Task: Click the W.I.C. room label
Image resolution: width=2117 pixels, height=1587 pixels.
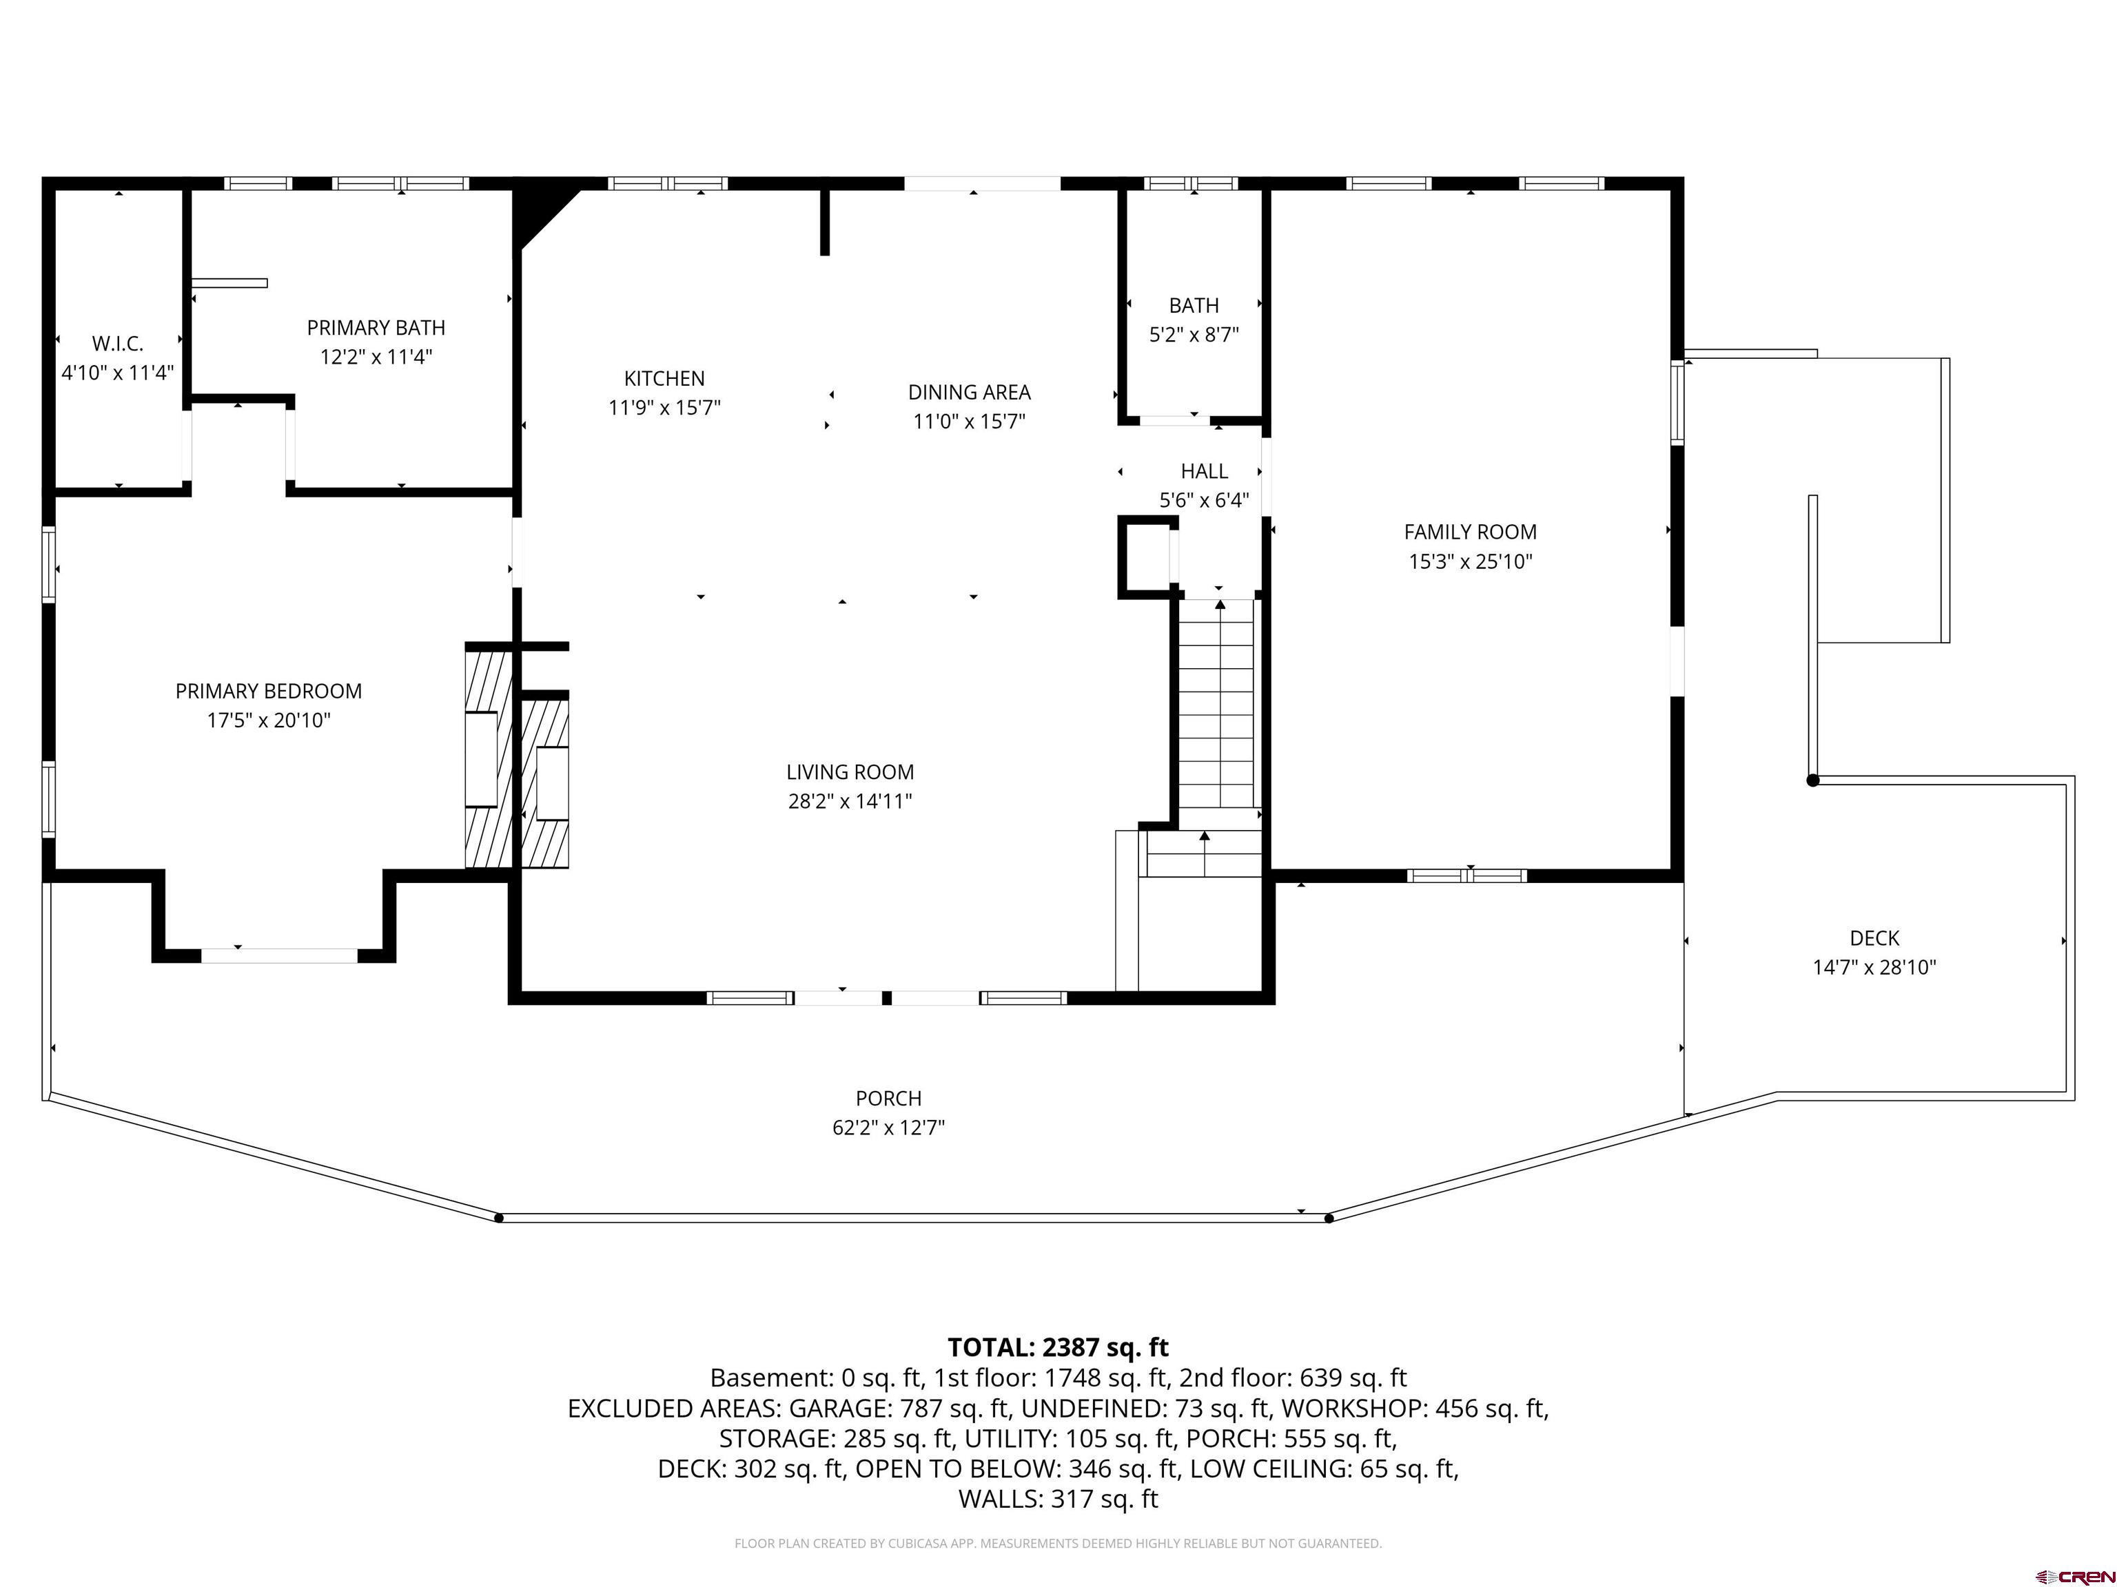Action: [x=118, y=344]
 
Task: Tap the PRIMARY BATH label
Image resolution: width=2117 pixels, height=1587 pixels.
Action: [x=376, y=328]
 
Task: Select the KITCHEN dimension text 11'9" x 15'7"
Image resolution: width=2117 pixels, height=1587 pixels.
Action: [x=664, y=408]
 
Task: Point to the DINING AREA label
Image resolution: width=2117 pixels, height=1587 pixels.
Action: [x=970, y=392]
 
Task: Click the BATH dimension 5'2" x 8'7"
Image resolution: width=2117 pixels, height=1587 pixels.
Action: [x=1194, y=335]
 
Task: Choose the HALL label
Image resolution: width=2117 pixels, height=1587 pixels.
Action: [x=1204, y=472]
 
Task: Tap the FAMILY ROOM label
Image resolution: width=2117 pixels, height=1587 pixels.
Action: [x=1470, y=532]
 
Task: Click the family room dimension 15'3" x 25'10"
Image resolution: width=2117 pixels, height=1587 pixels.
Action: [x=1470, y=561]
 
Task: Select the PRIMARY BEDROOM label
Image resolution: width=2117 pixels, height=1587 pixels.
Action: [x=269, y=691]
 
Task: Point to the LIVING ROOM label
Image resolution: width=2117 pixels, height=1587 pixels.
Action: [x=850, y=772]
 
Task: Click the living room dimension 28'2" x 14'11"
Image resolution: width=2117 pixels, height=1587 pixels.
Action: [x=850, y=802]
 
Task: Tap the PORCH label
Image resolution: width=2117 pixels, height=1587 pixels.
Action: [x=889, y=1098]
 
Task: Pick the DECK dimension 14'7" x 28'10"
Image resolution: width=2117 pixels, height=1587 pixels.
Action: [x=1874, y=967]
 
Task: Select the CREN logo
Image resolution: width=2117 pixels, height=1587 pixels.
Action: [x=2074, y=1575]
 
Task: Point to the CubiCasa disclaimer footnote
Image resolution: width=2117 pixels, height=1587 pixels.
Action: [x=1058, y=1543]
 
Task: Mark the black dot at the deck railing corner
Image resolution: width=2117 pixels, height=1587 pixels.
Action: [x=1812, y=780]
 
